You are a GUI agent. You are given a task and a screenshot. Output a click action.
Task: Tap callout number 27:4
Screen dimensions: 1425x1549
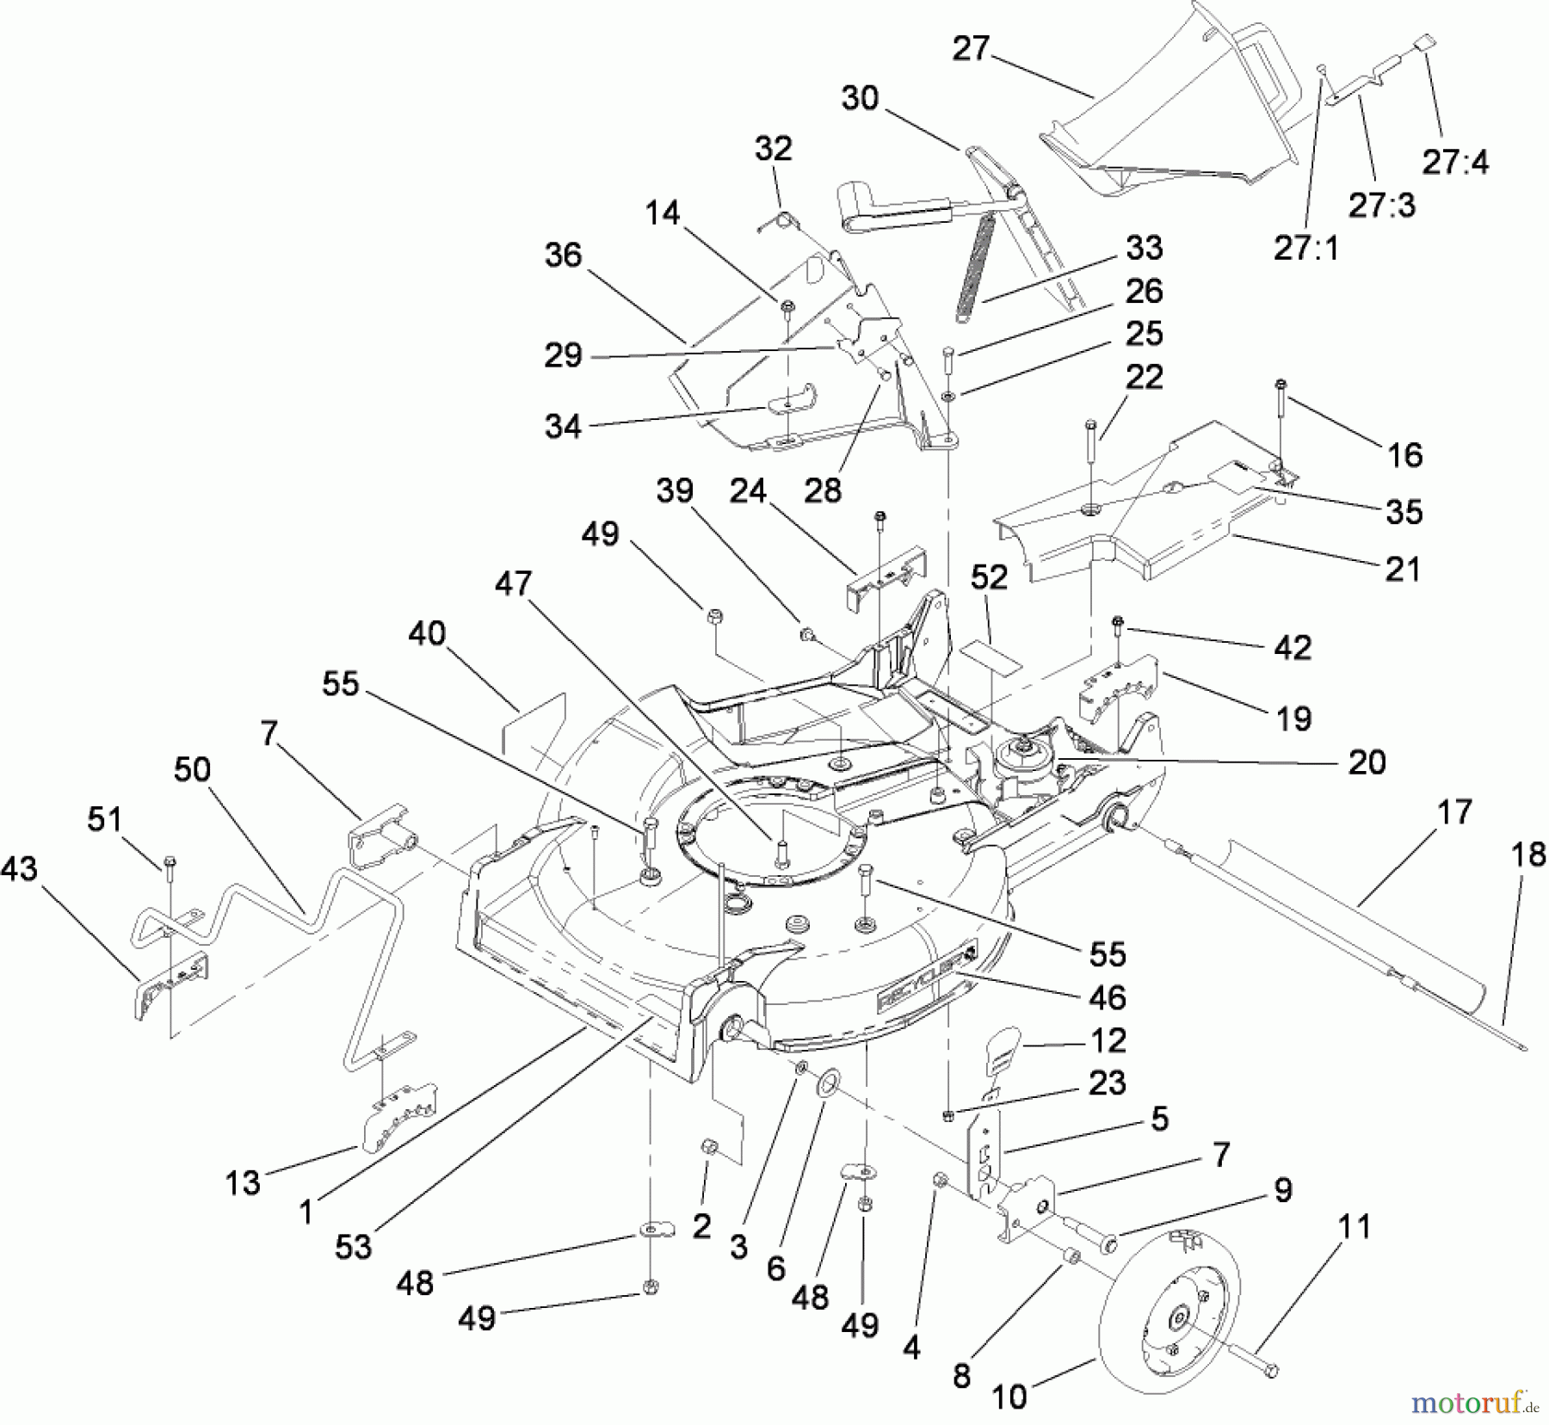[1455, 161]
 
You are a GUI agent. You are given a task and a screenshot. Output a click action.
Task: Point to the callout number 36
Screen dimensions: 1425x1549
[563, 255]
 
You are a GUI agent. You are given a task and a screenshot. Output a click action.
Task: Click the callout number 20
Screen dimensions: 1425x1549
[1367, 762]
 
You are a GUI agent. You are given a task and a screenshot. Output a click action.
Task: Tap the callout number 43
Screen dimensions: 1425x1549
[19, 869]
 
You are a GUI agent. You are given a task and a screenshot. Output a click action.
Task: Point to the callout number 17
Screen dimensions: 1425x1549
[1454, 811]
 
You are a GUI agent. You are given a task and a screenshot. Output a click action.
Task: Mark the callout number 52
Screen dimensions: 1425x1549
[990, 577]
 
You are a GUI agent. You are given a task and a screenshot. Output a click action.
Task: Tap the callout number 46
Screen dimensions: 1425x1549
[1107, 997]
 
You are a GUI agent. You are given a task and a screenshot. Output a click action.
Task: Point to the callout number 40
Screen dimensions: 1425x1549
[427, 633]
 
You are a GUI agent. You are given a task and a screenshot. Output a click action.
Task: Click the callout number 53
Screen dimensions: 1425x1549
[354, 1246]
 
